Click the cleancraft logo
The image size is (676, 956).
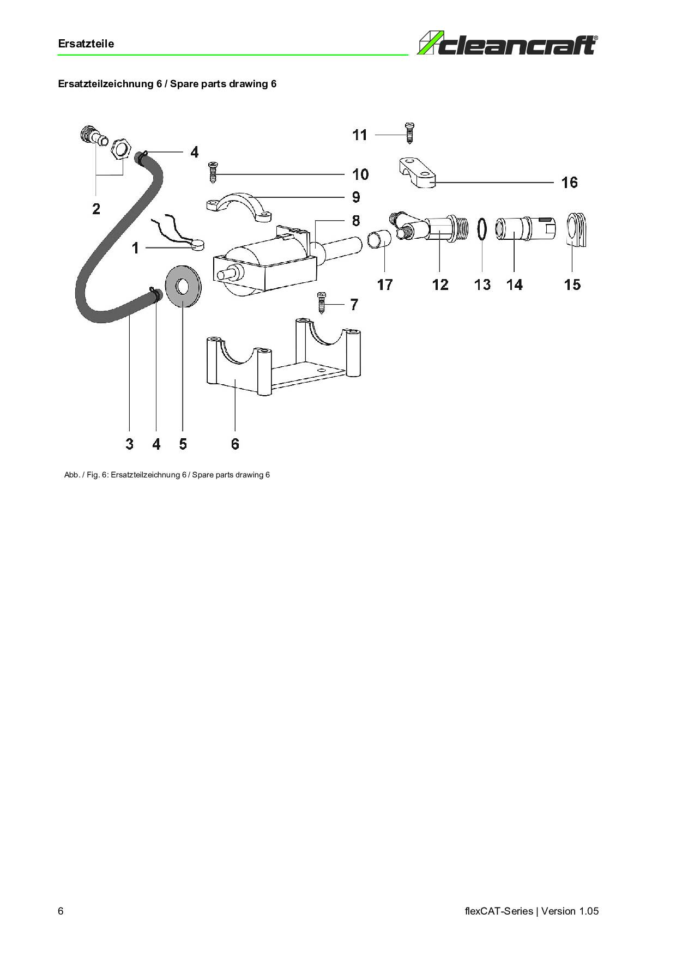tap(507, 44)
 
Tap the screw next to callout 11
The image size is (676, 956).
tap(410, 132)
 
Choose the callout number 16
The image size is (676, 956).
tap(570, 182)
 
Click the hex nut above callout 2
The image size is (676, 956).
tap(120, 149)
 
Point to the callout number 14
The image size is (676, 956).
tap(515, 285)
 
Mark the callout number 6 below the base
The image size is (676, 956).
tap(235, 444)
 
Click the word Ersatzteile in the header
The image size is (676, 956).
tap(86, 44)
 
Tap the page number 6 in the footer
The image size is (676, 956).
tap(61, 911)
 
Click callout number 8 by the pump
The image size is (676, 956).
tap(356, 221)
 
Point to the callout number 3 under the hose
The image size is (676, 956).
tap(129, 444)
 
